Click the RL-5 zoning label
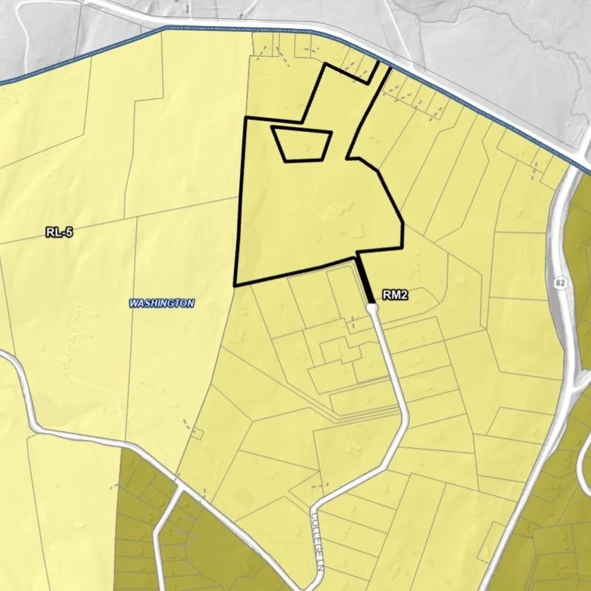(x=59, y=231)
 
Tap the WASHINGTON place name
(x=162, y=303)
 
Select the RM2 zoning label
(x=396, y=295)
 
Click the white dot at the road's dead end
(x=372, y=307)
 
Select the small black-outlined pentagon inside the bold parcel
(x=302, y=144)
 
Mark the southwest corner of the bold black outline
(x=235, y=285)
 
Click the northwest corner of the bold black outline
(x=245, y=118)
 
